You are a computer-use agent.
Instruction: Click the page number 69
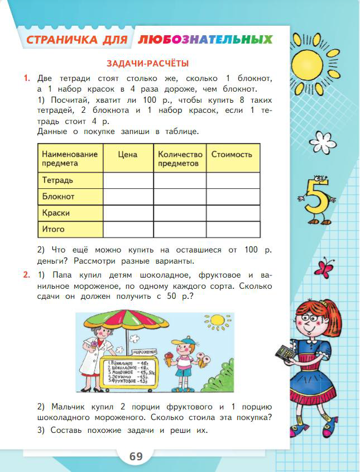pyautogui.click(x=136, y=456)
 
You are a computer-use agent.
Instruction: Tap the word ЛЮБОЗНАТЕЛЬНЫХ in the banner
pyautogui.click(x=205, y=40)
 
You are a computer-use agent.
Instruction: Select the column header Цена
pyautogui.click(x=128, y=154)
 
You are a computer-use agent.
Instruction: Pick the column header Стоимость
pyautogui.click(x=232, y=154)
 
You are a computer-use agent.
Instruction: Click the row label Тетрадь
pyautogui.click(x=57, y=180)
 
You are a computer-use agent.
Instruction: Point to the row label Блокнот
pyautogui.click(x=58, y=197)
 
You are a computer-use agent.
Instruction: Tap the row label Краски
pyautogui.click(x=56, y=213)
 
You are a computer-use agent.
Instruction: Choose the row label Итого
pyautogui.click(x=54, y=229)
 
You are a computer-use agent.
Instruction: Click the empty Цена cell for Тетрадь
pyautogui.click(x=128, y=180)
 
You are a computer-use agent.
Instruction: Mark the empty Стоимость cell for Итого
pyautogui.click(x=233, y=229)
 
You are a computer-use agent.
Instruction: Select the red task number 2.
pyautogui.click(x=26, y=274)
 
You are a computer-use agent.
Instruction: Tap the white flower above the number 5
pyautogui.click(x=319, y=137)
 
